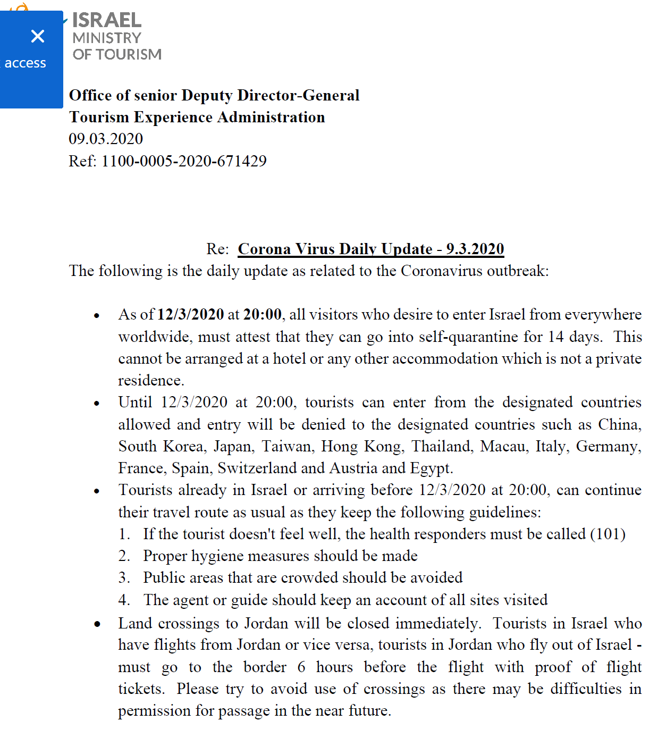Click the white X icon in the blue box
37,36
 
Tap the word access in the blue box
25,63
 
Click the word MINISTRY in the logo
107,38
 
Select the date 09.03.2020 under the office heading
106,139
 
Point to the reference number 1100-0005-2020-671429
184,161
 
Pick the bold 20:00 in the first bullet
262,314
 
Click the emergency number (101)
608,534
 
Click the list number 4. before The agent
124,600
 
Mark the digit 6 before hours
301,667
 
